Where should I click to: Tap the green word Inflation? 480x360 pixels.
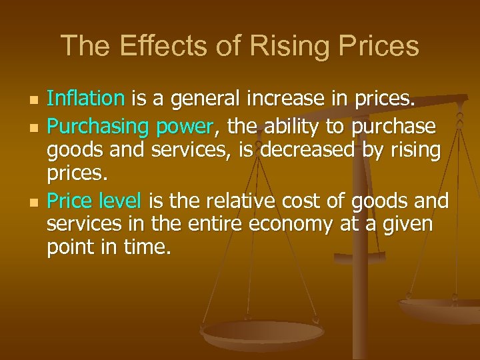(86, 99)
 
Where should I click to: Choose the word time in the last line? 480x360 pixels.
(149, 249)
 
